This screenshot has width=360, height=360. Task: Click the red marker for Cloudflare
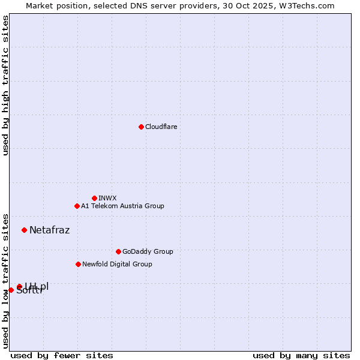point(141,127)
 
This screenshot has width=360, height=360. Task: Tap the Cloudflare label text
point(161,127)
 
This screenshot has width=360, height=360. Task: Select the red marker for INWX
point(94,198)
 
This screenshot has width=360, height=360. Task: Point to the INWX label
point(107,198)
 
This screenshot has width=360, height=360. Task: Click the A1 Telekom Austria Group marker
point(77,206)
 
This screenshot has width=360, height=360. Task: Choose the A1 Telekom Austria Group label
point(122,206)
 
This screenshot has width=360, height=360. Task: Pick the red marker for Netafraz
point(24,230)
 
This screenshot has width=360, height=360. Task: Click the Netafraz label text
point(50,230)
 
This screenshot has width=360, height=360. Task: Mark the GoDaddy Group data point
point(118,251)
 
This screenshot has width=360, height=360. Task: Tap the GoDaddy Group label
point(148,251)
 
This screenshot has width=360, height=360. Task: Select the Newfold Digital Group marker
point(78,264)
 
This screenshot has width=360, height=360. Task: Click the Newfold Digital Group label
point(117,264)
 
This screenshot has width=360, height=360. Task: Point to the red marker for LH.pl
point(19,287)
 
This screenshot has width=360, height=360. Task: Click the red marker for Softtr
point(11,290)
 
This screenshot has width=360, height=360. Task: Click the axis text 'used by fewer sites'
point(62,355)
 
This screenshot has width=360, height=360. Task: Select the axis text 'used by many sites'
point(301,355)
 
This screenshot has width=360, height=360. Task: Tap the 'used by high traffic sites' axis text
point(5,85)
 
